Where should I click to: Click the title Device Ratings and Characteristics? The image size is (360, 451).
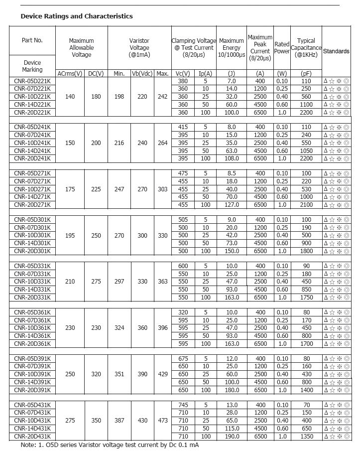(77, 16)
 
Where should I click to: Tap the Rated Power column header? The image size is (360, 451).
(282, 48)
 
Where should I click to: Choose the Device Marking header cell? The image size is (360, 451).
(32, 66)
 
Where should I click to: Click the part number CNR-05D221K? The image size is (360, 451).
(32, 81)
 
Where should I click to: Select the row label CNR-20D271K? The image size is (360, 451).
(32, 204)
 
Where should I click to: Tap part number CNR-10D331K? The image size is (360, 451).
(32, 282)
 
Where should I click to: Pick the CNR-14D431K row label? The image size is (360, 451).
(32, 429)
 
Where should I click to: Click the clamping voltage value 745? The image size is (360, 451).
(183, 405)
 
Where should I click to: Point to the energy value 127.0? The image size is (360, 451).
(232, 204)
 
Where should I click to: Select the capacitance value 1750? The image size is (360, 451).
(306, 297)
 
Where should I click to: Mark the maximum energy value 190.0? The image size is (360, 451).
(232, 437)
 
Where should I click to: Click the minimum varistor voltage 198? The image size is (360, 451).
(119, 96)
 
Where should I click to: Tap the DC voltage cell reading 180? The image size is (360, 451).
(96, 96)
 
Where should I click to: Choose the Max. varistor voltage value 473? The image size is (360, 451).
(163, 421)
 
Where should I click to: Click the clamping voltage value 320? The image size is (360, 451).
(183, 312)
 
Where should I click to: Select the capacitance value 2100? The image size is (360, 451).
(306, 204)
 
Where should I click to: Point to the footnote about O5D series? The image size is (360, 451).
(110, 445)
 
